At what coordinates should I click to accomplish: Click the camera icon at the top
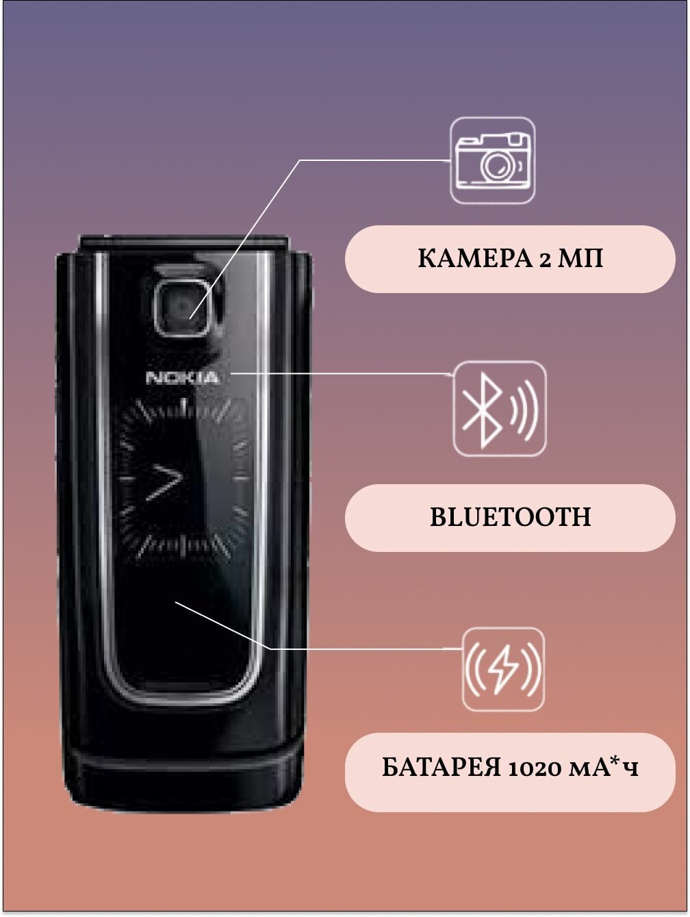tap(492, 161)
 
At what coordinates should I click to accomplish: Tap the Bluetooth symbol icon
tap(500, 409)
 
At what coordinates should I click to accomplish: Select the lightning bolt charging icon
tap(503, 669)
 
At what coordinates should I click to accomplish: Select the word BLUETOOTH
tap(510, 517)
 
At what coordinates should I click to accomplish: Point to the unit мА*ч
tap(604, 768)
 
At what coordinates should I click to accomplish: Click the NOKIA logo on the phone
tap(183, 377)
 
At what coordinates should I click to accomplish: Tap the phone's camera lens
tap(180, 308)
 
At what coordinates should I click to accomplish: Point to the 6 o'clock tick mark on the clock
tap(183, 549)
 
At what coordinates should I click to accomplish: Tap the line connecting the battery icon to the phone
tap(356, 648)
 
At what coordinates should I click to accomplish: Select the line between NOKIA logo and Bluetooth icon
tap(342, 374)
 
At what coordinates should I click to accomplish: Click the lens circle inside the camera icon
tap(498, 164)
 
